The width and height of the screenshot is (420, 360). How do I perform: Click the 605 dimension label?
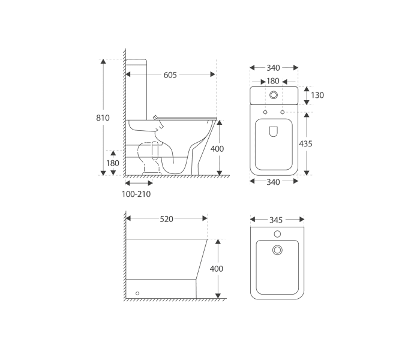170,75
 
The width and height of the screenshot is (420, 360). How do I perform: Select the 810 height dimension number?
103,118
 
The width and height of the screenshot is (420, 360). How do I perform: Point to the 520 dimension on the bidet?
166,219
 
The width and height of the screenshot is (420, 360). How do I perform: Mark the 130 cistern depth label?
317,95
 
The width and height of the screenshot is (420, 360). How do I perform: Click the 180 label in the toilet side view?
113,163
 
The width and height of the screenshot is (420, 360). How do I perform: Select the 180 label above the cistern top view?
273,81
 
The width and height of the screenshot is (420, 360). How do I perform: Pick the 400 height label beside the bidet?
216,269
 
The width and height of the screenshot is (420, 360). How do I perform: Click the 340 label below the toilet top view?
273,182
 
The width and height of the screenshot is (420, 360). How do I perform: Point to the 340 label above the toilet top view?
273,68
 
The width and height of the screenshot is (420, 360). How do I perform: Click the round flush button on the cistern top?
274,95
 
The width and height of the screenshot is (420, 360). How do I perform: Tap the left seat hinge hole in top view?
265,112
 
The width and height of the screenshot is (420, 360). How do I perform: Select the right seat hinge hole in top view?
282,112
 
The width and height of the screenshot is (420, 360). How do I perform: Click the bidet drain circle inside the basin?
277,249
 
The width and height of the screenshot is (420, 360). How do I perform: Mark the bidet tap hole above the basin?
277,233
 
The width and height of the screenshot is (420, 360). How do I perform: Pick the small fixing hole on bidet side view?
138,293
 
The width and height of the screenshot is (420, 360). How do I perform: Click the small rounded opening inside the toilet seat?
274,132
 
